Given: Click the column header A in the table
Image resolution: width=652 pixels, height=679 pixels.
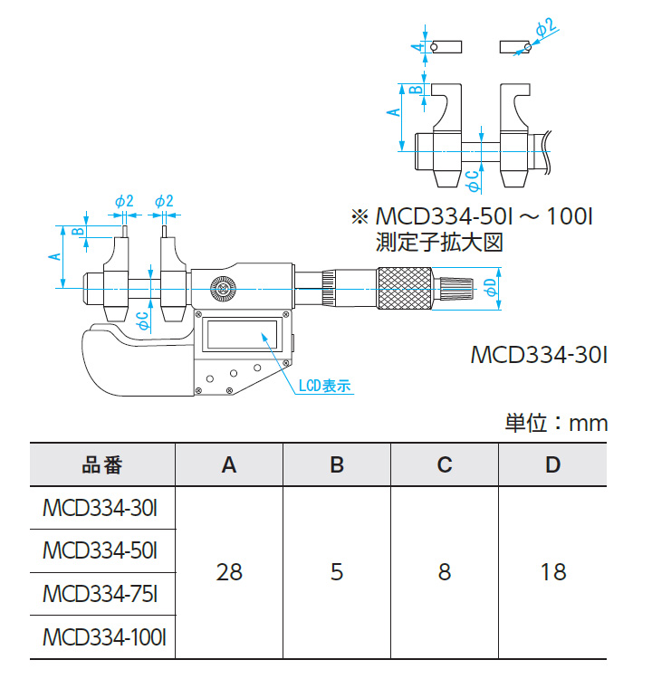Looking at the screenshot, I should point(229,464).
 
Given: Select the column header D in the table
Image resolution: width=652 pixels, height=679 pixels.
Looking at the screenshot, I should point(552,464).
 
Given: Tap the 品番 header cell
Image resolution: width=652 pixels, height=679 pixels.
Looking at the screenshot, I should point(101,464).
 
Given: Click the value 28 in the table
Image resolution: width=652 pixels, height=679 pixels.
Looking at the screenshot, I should point(229,572).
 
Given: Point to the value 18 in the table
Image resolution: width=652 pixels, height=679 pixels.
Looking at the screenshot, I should point(552,572).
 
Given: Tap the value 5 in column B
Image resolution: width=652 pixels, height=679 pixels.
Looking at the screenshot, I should point(337,572).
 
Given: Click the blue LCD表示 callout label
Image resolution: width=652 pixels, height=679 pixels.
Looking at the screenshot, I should point(324,387).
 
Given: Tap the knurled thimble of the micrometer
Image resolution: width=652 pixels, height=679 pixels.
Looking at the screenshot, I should point(406,289).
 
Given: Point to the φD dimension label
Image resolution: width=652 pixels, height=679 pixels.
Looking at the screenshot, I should point(490,288).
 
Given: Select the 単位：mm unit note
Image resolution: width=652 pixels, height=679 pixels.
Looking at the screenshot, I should point(555,423).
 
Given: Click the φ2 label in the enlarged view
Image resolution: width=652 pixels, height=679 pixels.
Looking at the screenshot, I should point(546,30).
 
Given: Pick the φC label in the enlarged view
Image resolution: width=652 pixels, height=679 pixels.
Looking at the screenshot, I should point(471,180).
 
